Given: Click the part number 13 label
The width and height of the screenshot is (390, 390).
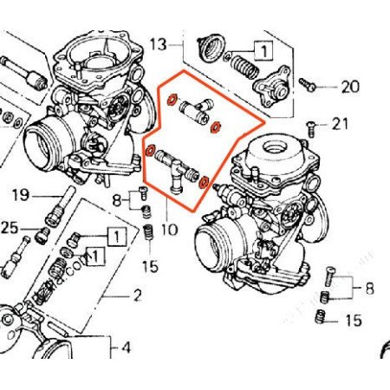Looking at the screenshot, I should pos(157,43).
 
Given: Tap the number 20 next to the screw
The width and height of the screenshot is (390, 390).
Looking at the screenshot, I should pos(349,87).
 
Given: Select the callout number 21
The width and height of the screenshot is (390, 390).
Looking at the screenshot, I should pos(340,125).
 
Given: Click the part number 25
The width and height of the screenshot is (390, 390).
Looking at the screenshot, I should pos(10,227).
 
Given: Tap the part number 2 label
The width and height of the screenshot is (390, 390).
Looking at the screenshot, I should pos(135,296).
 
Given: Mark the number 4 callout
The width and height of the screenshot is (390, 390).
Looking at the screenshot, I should pos(125,348).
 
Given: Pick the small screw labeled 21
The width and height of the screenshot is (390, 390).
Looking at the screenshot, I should pos(313,127).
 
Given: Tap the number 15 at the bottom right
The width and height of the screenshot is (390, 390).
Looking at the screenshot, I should pos(351,321).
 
